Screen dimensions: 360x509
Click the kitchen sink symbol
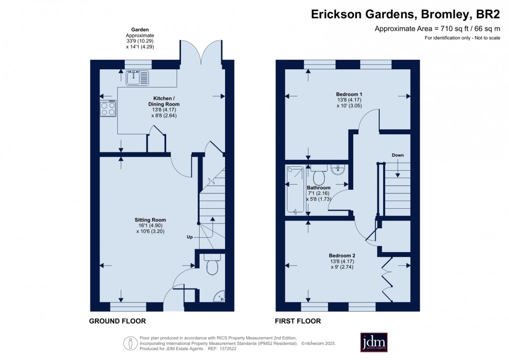tap(137, 77)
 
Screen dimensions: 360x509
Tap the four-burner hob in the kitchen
tap(108, 108)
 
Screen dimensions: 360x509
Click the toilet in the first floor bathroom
tap(319, 176)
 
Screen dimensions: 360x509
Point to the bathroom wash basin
tap(337, 170)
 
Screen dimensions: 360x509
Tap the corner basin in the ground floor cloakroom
tap(219, 298)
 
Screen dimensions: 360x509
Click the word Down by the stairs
tap(398, 155)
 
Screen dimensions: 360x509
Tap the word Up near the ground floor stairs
tap(190, 236)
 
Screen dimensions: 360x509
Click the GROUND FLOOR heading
tap(117, 321)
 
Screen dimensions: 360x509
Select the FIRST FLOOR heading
tap(298, 321)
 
